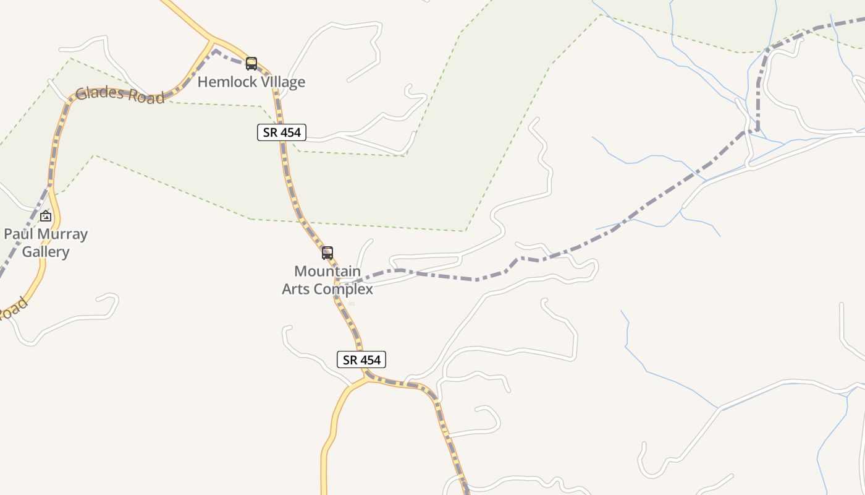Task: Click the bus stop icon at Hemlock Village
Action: [x=251, y=63]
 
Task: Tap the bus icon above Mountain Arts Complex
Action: [x=327, y=252]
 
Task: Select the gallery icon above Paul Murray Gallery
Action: [x=46, y=216]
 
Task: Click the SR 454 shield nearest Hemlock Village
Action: [x=282, y=132]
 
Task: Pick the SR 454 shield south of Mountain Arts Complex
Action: [x=361, y=359]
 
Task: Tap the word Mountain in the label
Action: [x=327, y=271]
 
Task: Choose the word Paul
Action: [x=17, y=234]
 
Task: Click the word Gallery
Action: [x=46, y=252]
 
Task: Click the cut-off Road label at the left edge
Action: [x=12, y=309]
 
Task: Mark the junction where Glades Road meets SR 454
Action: [x=213, y=41]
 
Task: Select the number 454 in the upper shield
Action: [x=290, y=132]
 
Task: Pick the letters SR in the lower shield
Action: [x=350, y=359]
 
